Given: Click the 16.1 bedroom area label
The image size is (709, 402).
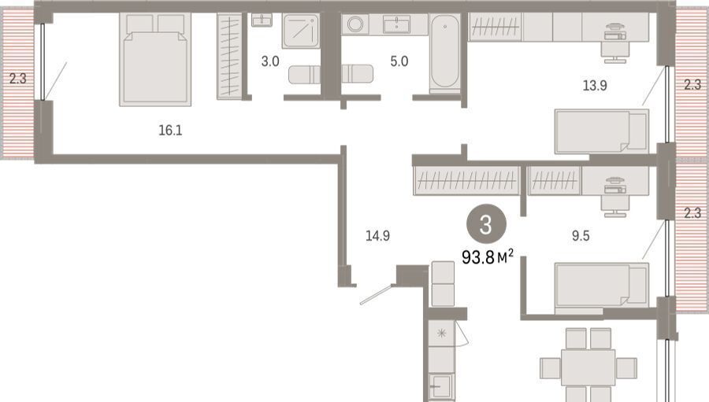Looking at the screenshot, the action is (170, 131).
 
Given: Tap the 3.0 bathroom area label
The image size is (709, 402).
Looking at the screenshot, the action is (270, 61).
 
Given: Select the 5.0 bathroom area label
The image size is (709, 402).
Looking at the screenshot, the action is (399, 61).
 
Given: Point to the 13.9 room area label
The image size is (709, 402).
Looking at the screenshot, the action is (595, 86).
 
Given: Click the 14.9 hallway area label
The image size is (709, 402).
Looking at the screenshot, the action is (377, 235).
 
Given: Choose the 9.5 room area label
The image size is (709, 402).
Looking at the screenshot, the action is (581, 236).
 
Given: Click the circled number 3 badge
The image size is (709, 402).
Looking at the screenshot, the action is (487, 224).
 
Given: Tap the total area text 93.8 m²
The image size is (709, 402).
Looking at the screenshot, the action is (488, 257).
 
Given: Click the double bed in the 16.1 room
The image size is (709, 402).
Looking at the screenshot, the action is (155, 59).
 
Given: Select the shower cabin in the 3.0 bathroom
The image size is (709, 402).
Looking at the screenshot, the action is (301, 31).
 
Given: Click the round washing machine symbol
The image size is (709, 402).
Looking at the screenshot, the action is (355, 24).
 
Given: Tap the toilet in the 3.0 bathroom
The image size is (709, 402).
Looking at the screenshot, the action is (304, 75).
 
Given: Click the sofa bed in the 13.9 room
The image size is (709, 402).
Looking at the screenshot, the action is (602, 131).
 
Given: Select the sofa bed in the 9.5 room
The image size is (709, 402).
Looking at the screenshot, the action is (602, 286).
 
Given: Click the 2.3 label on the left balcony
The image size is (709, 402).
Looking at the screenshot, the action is (18, 79).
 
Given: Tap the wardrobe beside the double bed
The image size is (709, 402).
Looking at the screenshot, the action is (228, 56).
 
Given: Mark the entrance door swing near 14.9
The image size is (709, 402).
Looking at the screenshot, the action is (377, 294).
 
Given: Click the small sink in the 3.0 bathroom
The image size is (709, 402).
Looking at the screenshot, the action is (262, 20).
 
